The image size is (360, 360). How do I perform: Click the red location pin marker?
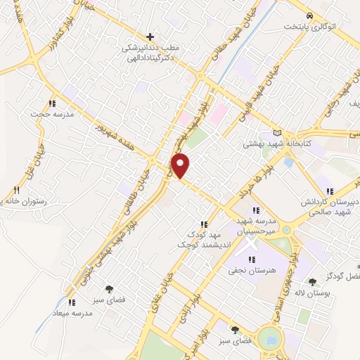click(x=181, y=165)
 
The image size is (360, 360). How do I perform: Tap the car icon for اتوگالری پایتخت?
click(x=309, y=15)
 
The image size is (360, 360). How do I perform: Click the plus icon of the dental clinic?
click(x=149, y=36)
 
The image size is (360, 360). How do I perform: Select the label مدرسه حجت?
click(x=47, y=113)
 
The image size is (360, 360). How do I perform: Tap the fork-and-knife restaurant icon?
click(x=17, y=190)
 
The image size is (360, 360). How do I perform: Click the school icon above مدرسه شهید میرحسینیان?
click(x=256, y=210)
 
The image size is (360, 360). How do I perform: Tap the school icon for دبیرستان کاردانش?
click(x=330, y=191)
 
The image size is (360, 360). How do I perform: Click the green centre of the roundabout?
click(x=269, y=339)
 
